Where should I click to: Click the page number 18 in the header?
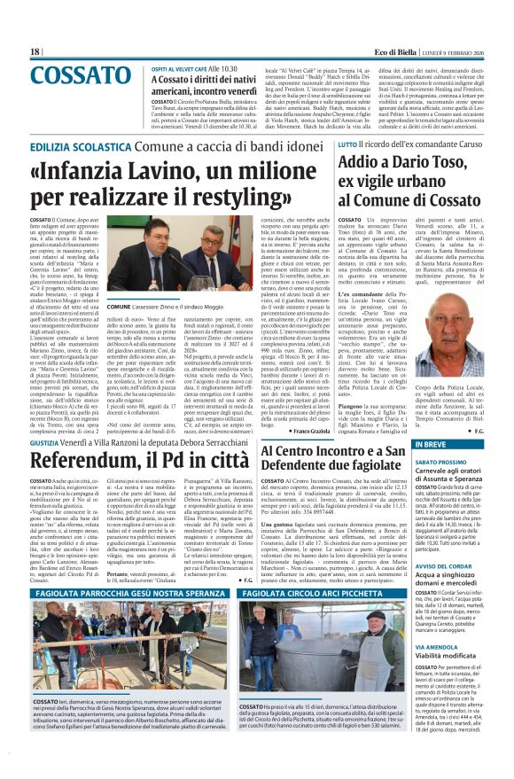pyautogui.click(x=35, y=51)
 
